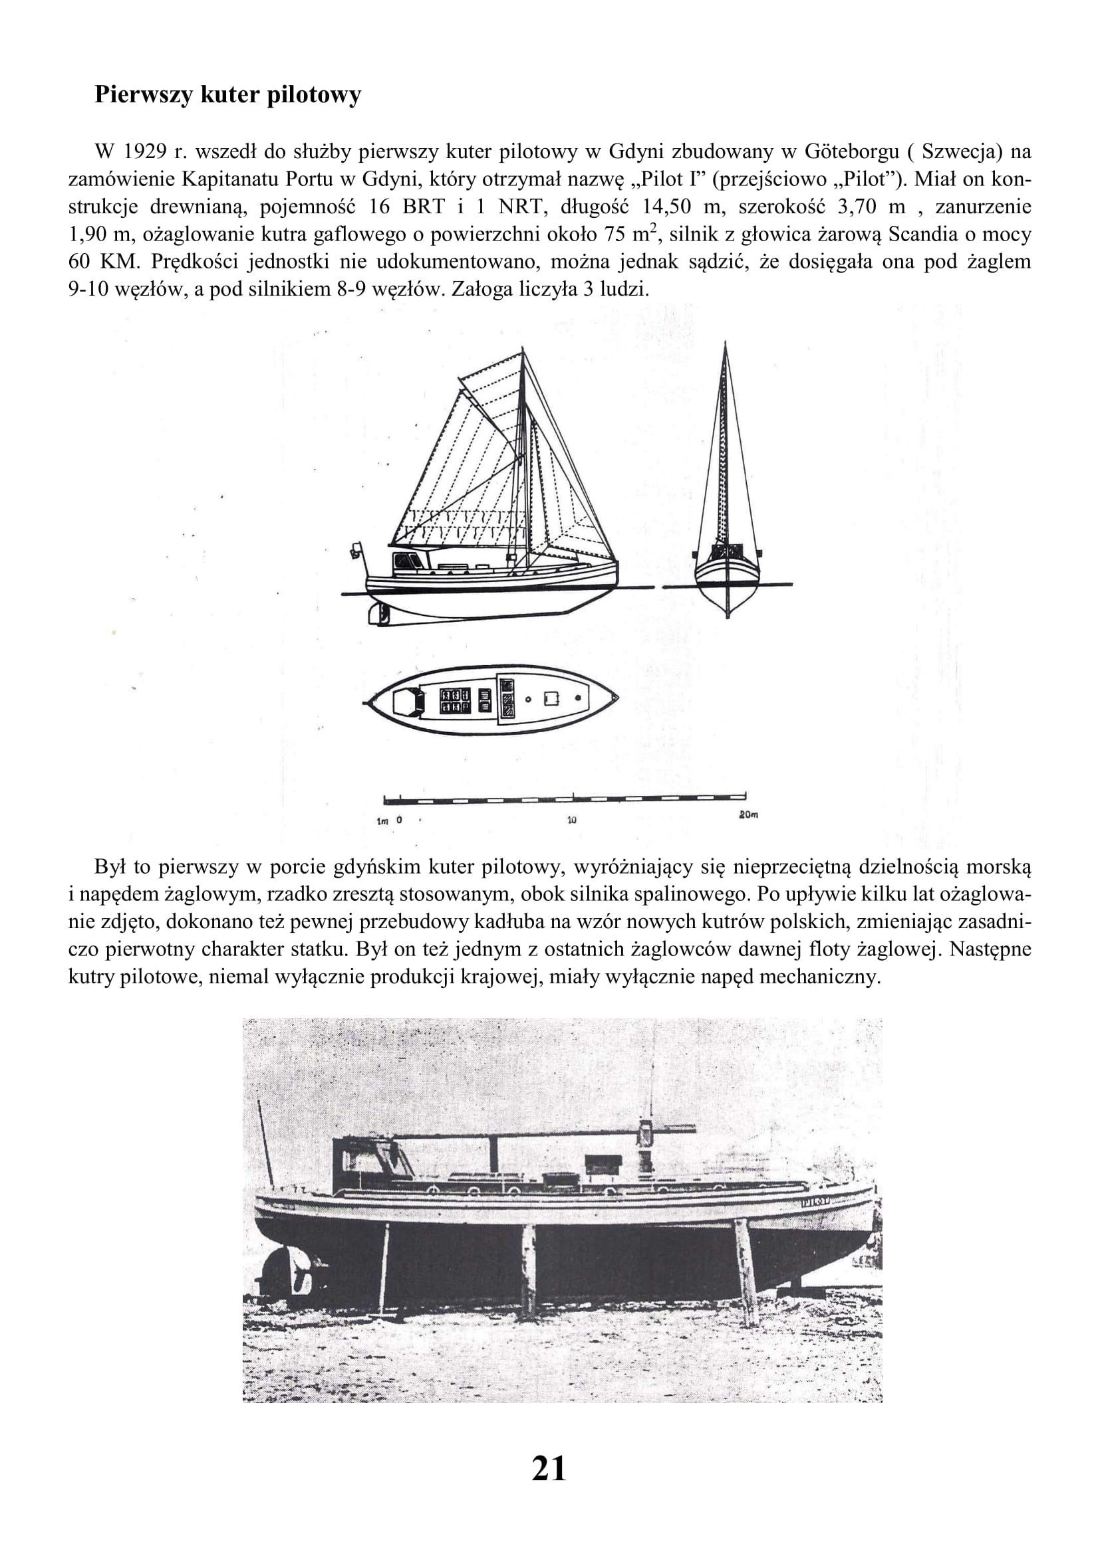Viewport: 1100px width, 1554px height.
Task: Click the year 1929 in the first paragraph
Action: (146, 151)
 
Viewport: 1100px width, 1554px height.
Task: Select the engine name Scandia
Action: (924, 234)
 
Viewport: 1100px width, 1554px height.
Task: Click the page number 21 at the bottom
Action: (549, 1469)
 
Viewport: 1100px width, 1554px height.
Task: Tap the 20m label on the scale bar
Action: (748, 815)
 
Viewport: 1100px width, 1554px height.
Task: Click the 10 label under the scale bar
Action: (571, 821)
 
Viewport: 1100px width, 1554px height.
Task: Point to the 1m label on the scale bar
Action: (382, 822)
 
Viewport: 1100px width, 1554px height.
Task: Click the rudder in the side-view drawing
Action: (376, 613)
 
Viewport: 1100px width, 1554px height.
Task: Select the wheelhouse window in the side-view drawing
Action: (405, 561)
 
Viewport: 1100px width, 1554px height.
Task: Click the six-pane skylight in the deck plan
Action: (455, 700)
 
